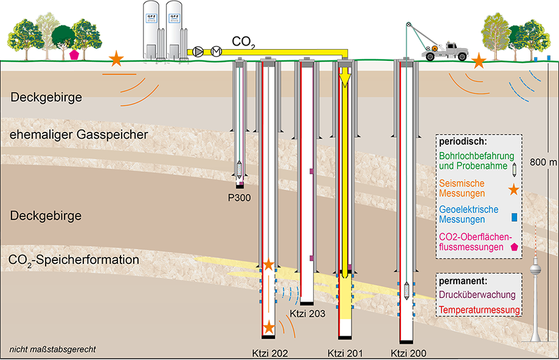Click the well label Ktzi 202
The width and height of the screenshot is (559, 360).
tap(269, 352)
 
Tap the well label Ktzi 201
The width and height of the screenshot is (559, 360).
tap(344, 352)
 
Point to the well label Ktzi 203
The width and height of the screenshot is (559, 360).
tap(308, 314)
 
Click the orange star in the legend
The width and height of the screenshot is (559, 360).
tap(513, 190)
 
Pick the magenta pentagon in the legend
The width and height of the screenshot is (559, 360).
tap(515, 247)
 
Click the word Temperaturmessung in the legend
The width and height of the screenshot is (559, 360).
tap(479, 310)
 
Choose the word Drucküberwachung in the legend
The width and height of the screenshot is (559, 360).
tap(477, 295)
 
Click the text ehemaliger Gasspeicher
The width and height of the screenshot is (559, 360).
tap(79, 134)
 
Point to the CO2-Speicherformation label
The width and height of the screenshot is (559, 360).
tap(74, 260)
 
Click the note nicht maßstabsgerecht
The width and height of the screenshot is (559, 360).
tap(52, 350)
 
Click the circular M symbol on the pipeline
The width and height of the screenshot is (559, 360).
tap(215, 52)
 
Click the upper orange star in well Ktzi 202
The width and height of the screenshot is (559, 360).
tap(268, 265)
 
